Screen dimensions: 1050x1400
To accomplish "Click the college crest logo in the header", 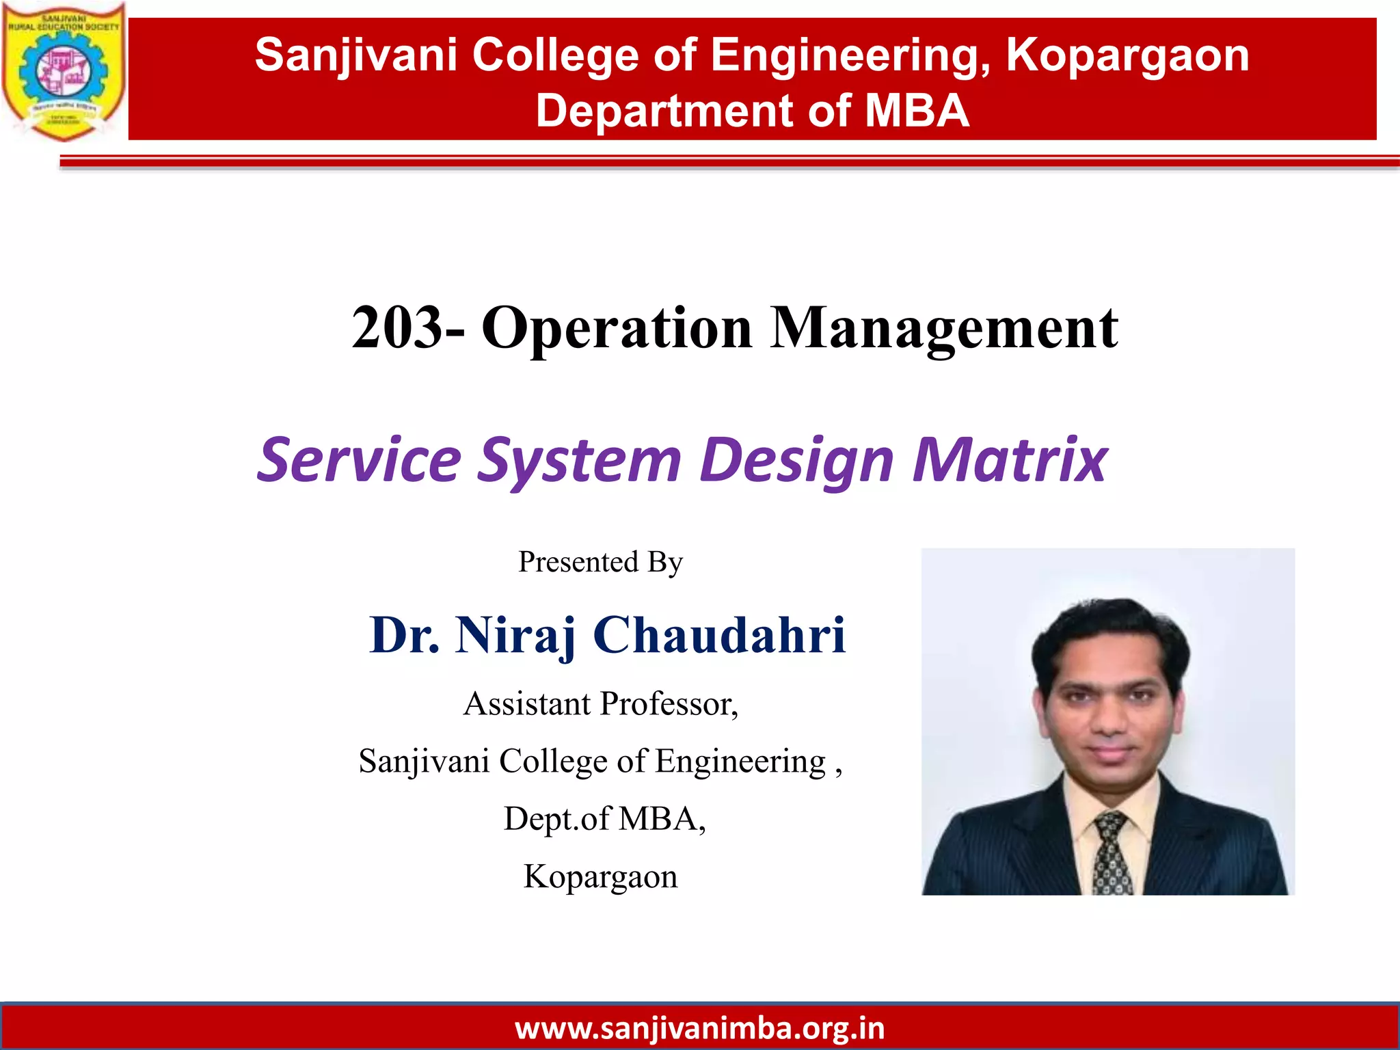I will [63, 71].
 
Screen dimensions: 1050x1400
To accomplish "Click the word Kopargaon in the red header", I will [1127, 55].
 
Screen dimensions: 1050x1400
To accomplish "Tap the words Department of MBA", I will [752, 111].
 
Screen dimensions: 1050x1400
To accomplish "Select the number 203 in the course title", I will [396, 328].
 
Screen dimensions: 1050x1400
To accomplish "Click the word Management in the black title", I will [944, 328].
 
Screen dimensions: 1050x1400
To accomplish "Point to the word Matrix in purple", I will [1010, 459].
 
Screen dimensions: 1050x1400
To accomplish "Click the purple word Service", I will [360, 459].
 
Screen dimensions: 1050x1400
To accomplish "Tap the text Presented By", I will [600, 562].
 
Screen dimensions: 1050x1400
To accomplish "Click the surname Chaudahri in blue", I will [719, 634].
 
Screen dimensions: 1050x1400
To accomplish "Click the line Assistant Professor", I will [600, 704].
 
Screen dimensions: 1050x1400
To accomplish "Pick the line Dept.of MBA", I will [604, 818].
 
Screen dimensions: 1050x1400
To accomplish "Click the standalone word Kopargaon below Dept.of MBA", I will [600, 876].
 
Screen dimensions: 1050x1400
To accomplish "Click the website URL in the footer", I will [699, 1028].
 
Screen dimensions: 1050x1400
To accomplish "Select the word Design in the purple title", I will [796, 459].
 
